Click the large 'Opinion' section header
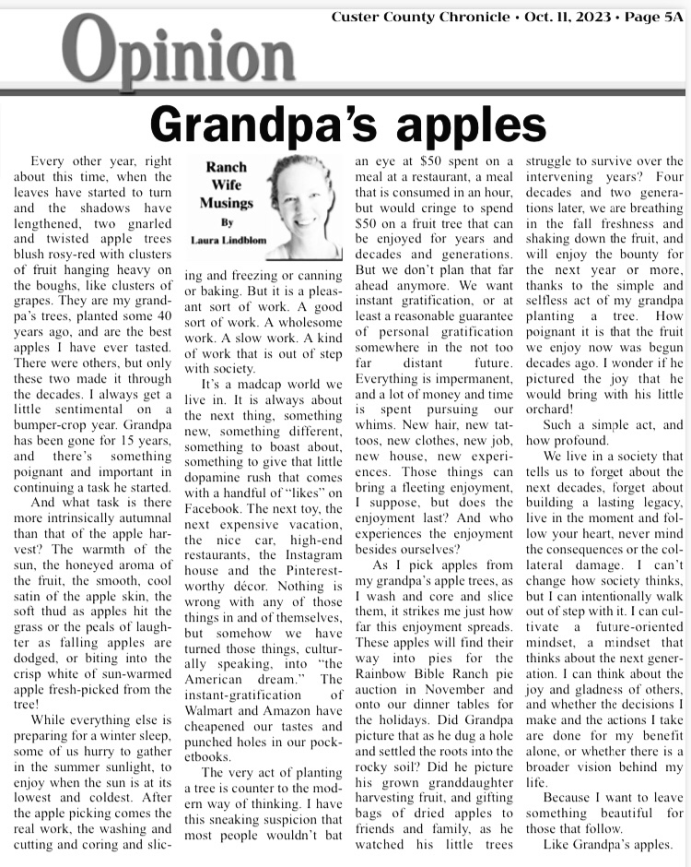181,55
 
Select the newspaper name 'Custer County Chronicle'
419,16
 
